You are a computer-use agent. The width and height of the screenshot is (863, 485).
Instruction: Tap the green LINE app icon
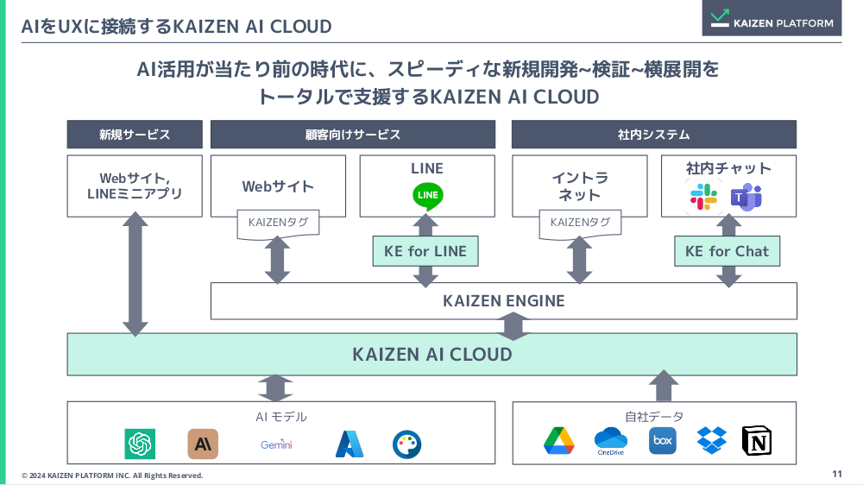pos(428,196)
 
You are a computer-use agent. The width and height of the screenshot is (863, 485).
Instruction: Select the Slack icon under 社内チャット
pos(704,198)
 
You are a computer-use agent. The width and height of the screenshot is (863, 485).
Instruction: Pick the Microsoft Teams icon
pos(746,198)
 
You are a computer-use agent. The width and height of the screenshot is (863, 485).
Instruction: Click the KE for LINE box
pos(425,251)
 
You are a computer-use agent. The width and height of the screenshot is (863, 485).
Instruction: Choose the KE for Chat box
pos(727,251)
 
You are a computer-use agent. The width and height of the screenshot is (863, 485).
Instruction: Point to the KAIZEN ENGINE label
pos(503,301)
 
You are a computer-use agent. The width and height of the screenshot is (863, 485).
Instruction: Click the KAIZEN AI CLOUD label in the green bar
pos(431,354)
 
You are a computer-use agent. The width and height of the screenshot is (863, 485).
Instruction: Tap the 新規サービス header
pos(135,135)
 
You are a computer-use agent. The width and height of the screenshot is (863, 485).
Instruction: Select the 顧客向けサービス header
pos(352,135)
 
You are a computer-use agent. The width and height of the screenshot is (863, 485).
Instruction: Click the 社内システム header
pos(653,135)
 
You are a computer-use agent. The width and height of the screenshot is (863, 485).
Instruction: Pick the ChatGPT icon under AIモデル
pos(140,444)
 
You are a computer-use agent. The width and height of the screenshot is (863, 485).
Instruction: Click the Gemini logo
pos(276,444)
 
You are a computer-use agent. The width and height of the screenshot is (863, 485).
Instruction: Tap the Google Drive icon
pos(558,441)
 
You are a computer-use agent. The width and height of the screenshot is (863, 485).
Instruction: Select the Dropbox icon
pos(711,440)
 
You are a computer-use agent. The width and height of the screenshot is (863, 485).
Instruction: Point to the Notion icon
pos(756,441)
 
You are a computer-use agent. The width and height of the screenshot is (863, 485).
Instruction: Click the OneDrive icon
pos(610,441)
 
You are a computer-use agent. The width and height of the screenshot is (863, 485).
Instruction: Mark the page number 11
pos(836,474)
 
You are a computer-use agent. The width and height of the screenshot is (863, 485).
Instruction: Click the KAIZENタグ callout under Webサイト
pos(278,223)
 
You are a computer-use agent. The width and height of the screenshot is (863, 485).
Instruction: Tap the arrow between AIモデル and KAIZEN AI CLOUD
pos(276,388)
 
